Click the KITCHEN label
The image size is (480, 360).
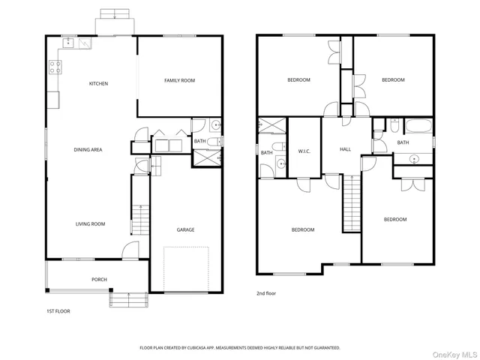point(99,83)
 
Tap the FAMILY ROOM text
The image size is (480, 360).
point(180,80)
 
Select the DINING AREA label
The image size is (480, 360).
point(88,150)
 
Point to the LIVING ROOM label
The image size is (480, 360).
point(89,223)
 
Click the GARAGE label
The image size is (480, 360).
point(185,229)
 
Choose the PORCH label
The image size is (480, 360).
point(99,280)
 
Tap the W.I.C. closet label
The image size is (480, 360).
point(304,150)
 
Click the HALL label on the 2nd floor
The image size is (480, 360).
point(345,149)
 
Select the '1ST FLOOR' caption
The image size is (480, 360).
point(58,310)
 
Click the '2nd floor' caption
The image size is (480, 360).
point(266,293)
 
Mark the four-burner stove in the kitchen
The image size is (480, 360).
point(55,68)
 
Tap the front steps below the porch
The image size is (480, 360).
point(125,299)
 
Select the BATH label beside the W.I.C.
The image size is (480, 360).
point(266,153)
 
